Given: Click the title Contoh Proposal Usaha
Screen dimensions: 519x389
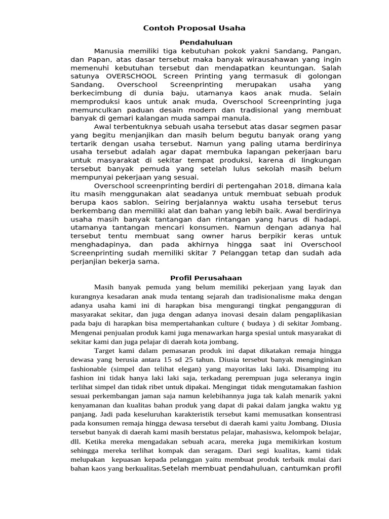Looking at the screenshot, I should click(x=194, y=28).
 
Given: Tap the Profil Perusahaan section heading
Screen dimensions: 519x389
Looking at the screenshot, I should click(x=206, y=278).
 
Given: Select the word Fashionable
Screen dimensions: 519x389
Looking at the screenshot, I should click(x=92, y=369).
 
